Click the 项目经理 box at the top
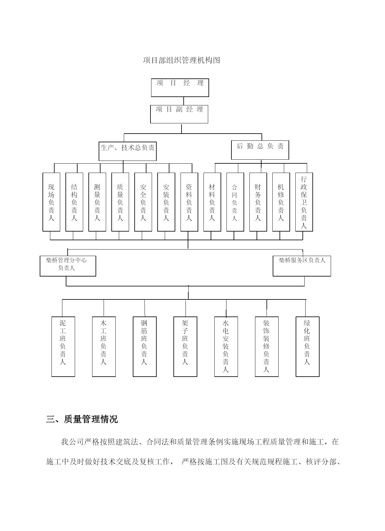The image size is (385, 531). pyautogui.click(x=180, y=87)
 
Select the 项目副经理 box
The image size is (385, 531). pyautogui.click(x=179, y=114)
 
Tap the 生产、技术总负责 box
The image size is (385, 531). pyautogui.click(x=128, y=151)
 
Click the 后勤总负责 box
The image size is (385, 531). pyautogui.click(x=260, y=150)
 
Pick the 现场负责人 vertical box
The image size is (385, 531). pyautogui.click(x=51, y=202)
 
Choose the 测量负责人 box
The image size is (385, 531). pyautogui.click(x=97, y=202)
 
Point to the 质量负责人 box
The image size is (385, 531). pyautogui.click(x=120, y=202)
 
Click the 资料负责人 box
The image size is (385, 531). pyautogui.click(x=189, y=202)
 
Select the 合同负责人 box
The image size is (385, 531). pyautogui.click(x=235, y=202)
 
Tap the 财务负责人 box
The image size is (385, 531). pyautogui.click(x=258, y=202)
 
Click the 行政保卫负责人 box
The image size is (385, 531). pyautogui.click(x=304, y=202)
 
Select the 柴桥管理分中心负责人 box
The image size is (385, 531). pyautogui.click(x=68, y=266)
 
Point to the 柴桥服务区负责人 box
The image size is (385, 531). pyautogui.click(x=302, y=266)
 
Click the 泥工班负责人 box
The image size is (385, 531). pyautogui.click(x=63, y=347)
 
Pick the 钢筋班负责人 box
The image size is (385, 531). pyautogui.click(x=145, y=347)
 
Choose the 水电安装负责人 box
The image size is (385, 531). pyautogui.click(x=226, y=347)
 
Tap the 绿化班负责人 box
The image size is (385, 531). pyautogui.click(x=307, y=347)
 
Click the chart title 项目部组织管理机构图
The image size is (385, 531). pyautogui.click(x=181, y=60)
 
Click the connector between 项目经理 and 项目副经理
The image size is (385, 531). pyautogui.click(x=184, y=101)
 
